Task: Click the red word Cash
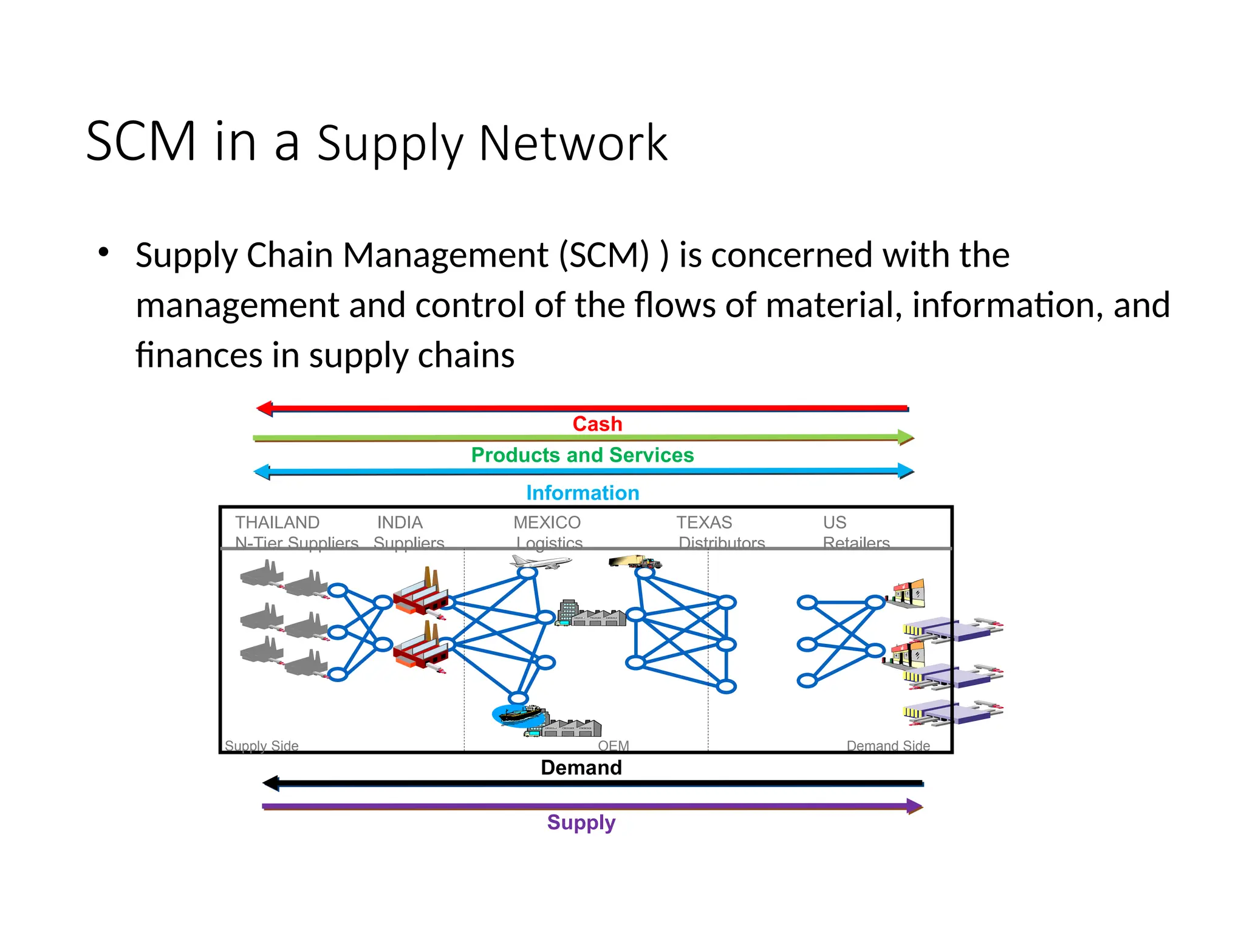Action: coord(597,424)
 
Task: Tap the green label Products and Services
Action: coord(582,455)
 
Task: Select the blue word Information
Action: coord(582,493)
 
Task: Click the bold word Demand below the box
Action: coord(581,767)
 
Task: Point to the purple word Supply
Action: coord(581,822)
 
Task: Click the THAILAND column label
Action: coord(277,522)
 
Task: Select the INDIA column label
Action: coord(399,522)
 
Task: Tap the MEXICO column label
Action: coord(547,522)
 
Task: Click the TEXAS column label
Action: coord(704,522)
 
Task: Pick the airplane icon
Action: coord(540,562)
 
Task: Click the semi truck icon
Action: coord(634,561)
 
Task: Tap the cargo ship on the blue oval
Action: coord(519,716)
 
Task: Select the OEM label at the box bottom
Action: coord(613,745)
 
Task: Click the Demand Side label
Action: coord(887,745)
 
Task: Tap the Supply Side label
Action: coord(261,745)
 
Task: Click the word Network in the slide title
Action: coord(573,143)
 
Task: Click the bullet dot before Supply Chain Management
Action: coord(103,251)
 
